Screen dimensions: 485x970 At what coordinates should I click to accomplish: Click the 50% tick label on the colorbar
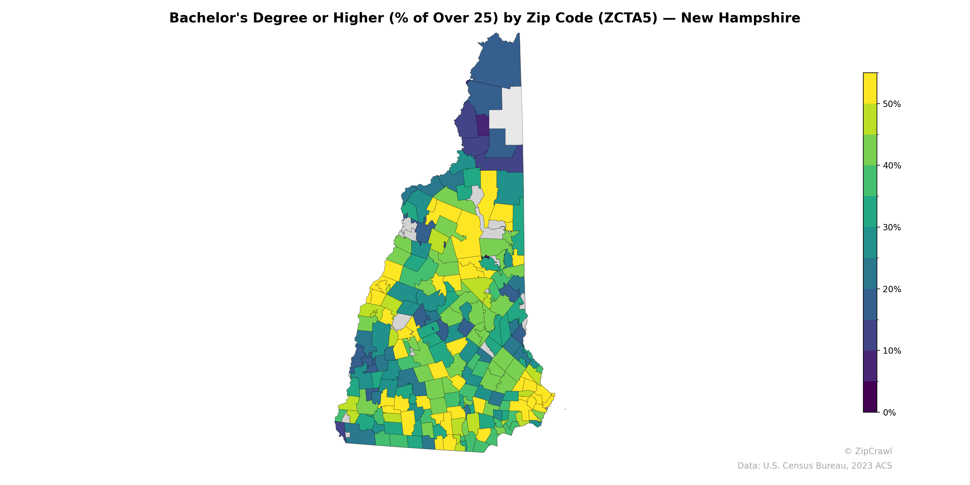point(892,104)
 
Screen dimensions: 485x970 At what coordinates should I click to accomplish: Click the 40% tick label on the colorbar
point(892,166)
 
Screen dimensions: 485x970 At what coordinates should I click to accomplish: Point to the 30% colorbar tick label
point(892,227)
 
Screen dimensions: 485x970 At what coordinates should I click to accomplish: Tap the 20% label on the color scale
point(892,289)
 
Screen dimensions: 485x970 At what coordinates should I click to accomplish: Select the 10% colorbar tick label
point(892,351)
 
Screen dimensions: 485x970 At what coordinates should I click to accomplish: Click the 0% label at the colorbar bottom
point(889,413)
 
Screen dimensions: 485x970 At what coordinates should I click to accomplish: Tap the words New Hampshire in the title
point(740,18)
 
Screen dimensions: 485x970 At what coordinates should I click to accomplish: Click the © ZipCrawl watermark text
point(868,451)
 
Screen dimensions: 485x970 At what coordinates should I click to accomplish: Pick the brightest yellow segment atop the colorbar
point(870,88)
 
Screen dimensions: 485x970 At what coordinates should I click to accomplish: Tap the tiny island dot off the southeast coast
point(565,409)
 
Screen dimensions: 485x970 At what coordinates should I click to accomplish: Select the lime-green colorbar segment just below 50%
point(870,119)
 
